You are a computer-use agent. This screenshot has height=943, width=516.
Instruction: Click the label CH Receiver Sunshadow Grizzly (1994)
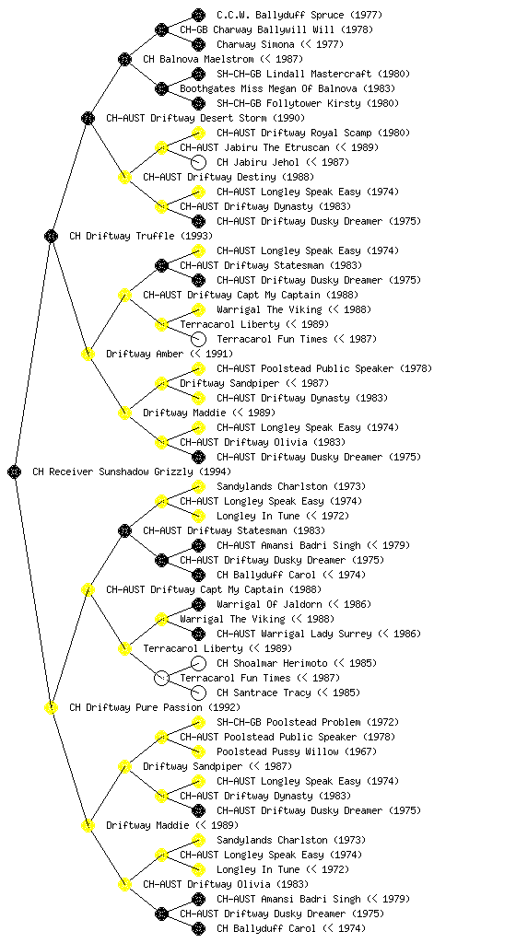point(132,472)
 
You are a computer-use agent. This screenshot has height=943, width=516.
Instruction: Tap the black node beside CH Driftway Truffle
point(51,236)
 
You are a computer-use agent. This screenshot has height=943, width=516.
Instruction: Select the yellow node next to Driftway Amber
point(88,354)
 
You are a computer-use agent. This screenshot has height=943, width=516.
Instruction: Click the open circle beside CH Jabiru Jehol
point(198,162)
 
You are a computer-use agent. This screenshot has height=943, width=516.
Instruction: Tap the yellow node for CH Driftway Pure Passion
point(51,707)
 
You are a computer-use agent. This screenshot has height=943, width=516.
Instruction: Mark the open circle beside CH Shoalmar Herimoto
point(198,663)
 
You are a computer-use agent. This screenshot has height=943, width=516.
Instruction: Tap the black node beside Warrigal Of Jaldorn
point(198,604)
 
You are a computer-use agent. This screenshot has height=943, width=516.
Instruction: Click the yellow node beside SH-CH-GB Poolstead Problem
point(198,722)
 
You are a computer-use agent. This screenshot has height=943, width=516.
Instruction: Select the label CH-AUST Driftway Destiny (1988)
point(229,177)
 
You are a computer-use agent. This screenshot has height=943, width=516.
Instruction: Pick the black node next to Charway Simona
point(198,44)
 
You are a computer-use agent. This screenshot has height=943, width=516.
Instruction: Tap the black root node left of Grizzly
point(15,472)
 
